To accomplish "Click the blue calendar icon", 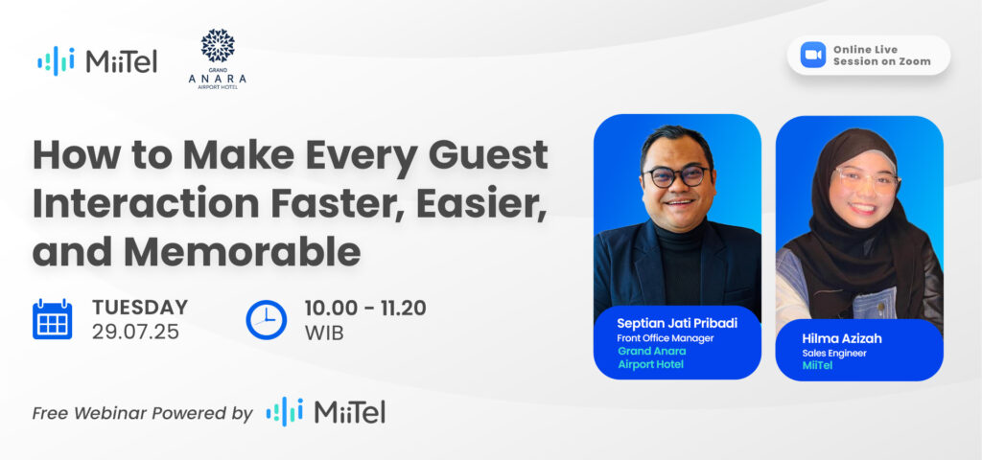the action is pyautogui.click(x=52, y=319).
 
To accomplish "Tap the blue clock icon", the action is pyautogui.click(x=267, y=320).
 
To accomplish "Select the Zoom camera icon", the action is pyautogui.click(x=813, y=55).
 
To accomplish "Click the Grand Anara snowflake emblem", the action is pyautogui.click(x=218, y=46).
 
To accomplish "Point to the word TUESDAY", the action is pyautogui.click(x=140, y=308).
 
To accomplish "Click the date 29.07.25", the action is pyautogui.click(x=135, y=332).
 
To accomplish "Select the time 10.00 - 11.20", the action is pyautogui.click(x=365, y=308).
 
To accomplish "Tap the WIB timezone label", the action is pyautogui.click(x=324, y=333).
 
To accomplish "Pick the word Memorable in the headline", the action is pyautogui.click(x=243, y=251).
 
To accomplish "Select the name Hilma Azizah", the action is pyautogui.click(x=841, y=338).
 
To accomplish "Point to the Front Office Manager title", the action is pyautogui.click(x=666, y=338).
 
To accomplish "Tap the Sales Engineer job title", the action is pyautogui.click(x=834, y=353).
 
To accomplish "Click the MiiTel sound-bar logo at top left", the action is pyautogui.click(x=56, y=60).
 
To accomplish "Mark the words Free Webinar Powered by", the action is pyautogui.click(x=142, y=414).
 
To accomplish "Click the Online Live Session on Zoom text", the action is pyautogui.click(x=882, y=55).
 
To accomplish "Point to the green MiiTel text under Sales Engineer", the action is pyautogui.click(x=817, y=366).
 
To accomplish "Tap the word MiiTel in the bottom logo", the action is pyautogui.click(x=349, y=412).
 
